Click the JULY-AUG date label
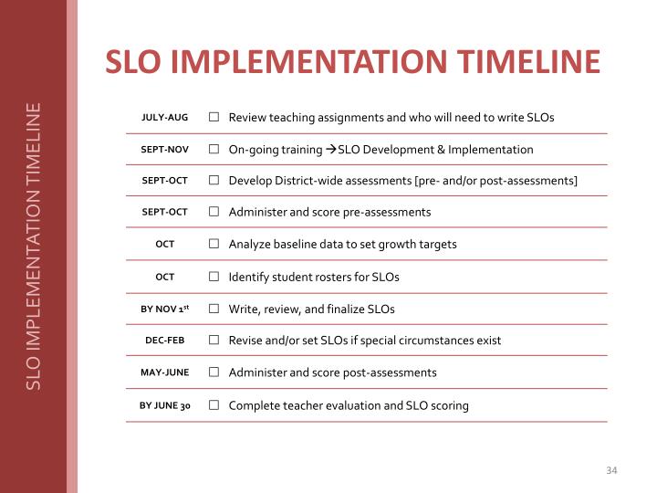point(164,118)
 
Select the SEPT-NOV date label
point(164,149)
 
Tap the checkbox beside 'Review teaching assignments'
point(213,118)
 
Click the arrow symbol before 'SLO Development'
point(331,149)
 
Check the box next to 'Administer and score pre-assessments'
point(213,212)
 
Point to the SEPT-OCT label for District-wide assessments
point(164,181)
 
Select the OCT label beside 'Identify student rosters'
point(164,277)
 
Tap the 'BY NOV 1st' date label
point(164,309)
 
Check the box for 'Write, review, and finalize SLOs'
point(213,309)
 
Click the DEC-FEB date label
point(164,341)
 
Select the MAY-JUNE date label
point(164,372)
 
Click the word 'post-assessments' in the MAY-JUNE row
point(392,372)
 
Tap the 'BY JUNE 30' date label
point(164,405)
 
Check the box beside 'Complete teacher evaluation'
point(213,405)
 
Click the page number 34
point(611,470)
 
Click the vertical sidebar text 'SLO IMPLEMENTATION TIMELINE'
point(34,246)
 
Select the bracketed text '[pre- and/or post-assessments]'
point(495,181)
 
